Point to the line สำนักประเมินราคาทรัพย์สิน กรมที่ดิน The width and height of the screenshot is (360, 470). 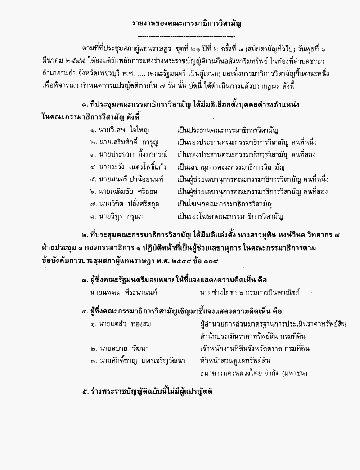click(252, 336)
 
